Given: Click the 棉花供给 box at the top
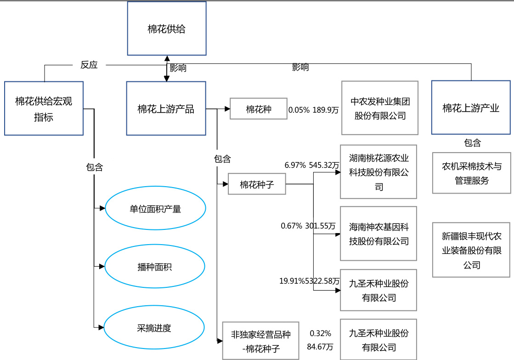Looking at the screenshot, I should pos(167,29).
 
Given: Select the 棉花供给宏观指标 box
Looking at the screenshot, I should pos(44,109).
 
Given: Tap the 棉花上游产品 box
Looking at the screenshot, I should pos(166,109).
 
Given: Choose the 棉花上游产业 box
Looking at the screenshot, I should pos(471,108).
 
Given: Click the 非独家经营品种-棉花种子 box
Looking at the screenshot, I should pos(260,341).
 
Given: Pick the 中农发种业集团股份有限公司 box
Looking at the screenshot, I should pos(380,108).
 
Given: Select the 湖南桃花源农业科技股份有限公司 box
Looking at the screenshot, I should pos(378,172).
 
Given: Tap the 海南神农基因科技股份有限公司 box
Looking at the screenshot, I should pos(378,234).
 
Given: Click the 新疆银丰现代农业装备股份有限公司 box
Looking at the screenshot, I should pos(471,250).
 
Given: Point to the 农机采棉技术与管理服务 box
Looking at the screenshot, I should pos(471,173).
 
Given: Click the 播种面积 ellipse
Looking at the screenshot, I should pos(154,267).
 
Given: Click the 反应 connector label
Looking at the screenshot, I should pos(89,65).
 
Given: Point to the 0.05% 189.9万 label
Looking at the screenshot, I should pos(313,110).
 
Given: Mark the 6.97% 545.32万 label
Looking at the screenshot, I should pos(312,165).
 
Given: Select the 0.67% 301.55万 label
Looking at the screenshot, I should pos(308,226).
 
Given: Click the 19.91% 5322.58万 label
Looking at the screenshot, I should pos(310,280).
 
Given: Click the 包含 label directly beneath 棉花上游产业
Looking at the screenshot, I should pos(472,143).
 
